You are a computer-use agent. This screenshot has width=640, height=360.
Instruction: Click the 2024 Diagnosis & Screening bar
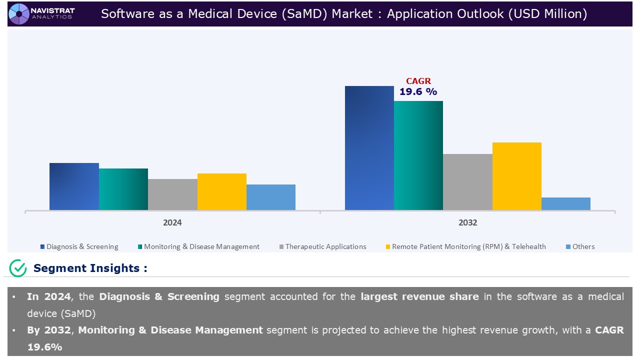click(x=74, y=186)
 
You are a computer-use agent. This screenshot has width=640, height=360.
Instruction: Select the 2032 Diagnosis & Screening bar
click(x=369, y=148)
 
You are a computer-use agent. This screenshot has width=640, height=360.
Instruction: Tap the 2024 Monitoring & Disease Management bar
click(x=123, y=189)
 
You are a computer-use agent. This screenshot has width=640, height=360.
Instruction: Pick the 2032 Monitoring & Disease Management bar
click(x=418, y=155)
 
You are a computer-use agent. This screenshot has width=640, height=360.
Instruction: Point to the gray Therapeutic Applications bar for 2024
click(x=172, y=194)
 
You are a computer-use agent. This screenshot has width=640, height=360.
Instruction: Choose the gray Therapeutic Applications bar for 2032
click(x=467, y=182)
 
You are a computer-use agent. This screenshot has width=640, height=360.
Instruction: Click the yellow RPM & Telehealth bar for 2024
click(x=222, y=191)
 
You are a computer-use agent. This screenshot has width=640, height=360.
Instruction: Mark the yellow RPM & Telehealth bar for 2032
click(x=517, y=176)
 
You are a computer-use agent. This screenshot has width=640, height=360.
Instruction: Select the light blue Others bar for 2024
click(x=271, y=197)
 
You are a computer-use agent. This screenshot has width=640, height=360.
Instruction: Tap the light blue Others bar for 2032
click(x=566, y=203)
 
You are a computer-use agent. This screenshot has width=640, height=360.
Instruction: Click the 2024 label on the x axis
click(x=172, y=223)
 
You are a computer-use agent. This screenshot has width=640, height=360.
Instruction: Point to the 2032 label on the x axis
click(x=467, y=223)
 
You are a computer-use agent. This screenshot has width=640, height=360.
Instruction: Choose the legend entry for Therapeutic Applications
click(x=323, y=246)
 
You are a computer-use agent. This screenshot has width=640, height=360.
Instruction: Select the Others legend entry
click(x=580, y=246)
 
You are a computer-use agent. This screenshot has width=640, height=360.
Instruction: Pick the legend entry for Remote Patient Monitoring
click(x=466, y=246)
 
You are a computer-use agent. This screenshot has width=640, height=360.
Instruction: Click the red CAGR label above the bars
click(x=418, y=81)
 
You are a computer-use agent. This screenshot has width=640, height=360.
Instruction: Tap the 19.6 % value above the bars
click(x=418, y=91)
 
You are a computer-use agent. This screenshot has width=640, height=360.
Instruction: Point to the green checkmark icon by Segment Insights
click(x=18, y=268)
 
